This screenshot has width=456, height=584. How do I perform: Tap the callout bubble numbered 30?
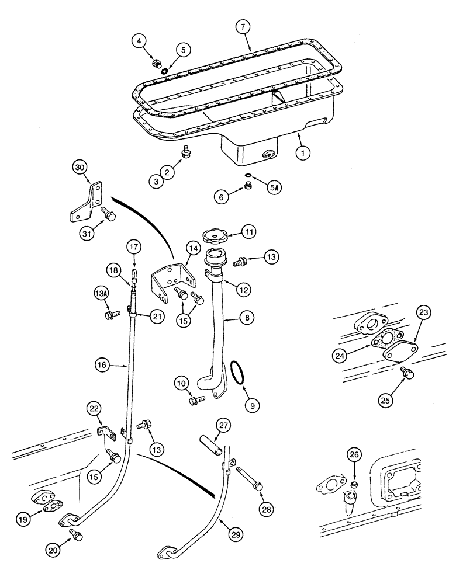[81, 168]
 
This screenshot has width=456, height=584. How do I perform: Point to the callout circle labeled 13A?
[101, 291]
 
